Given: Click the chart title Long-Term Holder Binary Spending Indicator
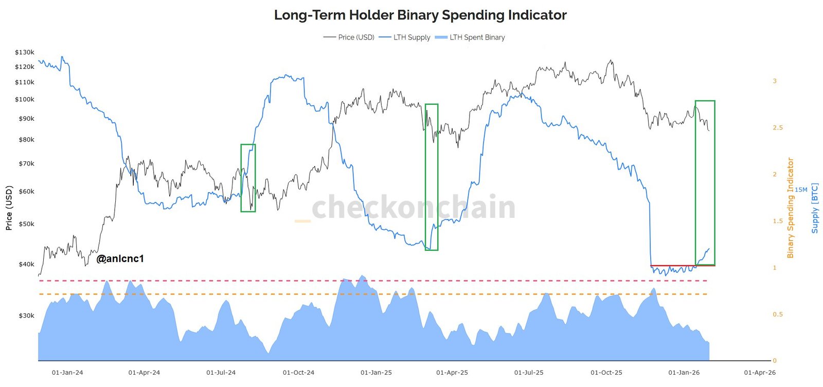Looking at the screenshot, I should pos(420,15).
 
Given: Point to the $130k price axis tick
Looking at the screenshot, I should pos(25,52).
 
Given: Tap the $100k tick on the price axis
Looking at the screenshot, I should pos(25,99).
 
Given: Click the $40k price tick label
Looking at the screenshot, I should pos(26,264).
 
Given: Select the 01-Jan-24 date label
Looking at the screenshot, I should pos(67,373).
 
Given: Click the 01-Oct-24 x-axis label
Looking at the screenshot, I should pos(298,373).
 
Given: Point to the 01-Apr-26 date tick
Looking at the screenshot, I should pos(760,373).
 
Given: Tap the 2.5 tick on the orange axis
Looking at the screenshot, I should pos(777,127).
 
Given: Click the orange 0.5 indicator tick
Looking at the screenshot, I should pos(777,314).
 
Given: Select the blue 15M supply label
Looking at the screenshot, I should pos(801,190).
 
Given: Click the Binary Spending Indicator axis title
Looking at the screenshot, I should pos(791,208).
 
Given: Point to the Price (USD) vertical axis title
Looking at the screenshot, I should pos(9,207).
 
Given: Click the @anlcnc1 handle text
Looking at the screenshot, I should pos(120,259).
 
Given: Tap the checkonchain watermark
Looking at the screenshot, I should pos(413,207).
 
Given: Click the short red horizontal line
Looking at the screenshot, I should pos(682,266).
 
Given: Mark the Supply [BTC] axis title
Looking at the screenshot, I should pos(815,208).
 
